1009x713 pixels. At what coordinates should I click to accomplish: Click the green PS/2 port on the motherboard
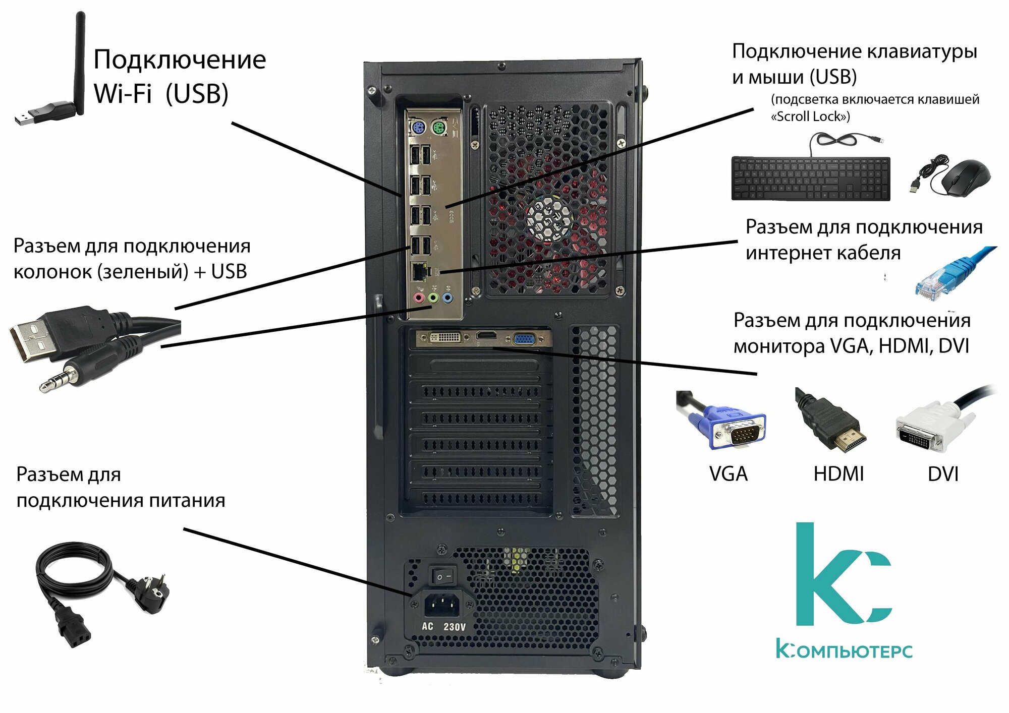439,129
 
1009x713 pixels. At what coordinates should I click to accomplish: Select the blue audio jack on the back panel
447,298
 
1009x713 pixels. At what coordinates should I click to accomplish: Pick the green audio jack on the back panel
433,298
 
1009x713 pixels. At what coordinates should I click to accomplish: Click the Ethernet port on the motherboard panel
419,272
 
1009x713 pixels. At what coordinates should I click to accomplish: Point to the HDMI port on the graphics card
486,336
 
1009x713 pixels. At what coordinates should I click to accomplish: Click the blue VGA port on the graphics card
525,339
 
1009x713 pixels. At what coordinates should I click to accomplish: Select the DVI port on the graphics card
444,337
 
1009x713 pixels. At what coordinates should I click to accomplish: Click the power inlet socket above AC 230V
442,605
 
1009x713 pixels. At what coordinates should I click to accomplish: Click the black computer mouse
965,177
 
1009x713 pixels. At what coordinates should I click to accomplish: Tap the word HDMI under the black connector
838,474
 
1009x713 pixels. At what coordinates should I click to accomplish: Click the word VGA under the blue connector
728,474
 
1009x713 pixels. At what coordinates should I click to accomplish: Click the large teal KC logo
843,574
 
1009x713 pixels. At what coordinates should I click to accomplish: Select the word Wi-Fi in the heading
123,94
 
